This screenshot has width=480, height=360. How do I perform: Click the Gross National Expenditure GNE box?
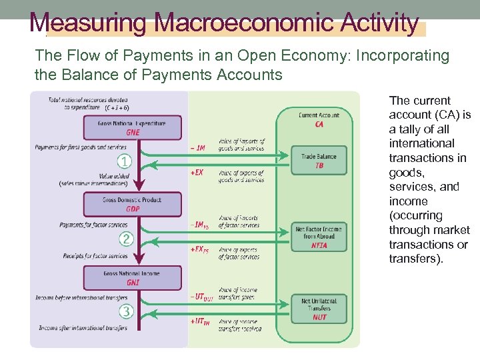133,127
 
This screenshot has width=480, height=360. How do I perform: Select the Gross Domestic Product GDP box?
133,204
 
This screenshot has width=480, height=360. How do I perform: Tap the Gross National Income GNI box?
133,277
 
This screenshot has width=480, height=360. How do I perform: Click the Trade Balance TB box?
319,161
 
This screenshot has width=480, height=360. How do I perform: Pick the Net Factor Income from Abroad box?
319,237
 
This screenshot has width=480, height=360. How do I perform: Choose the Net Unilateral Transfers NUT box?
319,309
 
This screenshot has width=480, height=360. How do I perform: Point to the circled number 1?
125,161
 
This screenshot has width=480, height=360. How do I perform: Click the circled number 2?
125,239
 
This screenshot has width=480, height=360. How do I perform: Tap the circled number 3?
125,311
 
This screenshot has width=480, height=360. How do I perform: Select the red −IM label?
197,147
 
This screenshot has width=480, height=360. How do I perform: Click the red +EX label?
197,172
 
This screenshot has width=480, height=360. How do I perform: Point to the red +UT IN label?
200,321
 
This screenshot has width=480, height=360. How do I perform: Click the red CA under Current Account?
319,124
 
